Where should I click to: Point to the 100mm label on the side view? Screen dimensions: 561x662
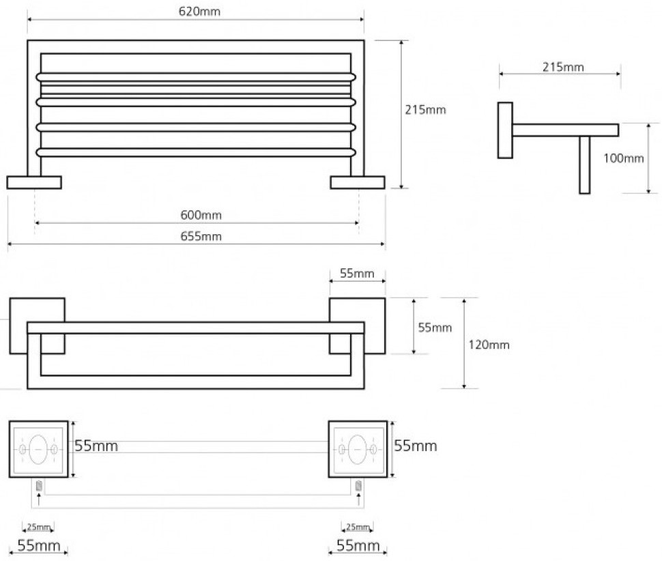pyautogui.click(x=624, y=158)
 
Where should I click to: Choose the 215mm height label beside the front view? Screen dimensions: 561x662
pyautogui.click(x=426, y=109)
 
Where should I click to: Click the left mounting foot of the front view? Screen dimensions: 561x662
pyautogui.click(x=34, y=182)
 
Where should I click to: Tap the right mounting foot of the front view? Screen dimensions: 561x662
pyautogui.click(x=357, y=182)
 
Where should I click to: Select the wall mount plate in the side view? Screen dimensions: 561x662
pyautogui.click(x=505, y=130)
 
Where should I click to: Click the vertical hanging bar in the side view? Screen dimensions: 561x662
pyautogui.click(x=584, y=164)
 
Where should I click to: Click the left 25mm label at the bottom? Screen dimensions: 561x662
pyautogui.click(x=38, y=527)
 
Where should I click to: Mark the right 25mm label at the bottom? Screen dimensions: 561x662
pyautogui.click(x=357, y=527)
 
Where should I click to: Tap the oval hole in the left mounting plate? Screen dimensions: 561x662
pyautogui.click(x=39, y=448)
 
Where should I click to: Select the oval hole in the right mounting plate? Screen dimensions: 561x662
pyautogui.click(x=358, y=448)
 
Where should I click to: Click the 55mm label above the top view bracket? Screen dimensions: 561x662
pyautogui.click(x=357, y=274)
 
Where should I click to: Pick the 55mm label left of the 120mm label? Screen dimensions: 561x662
pyautogui.click(x=435, y=328)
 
